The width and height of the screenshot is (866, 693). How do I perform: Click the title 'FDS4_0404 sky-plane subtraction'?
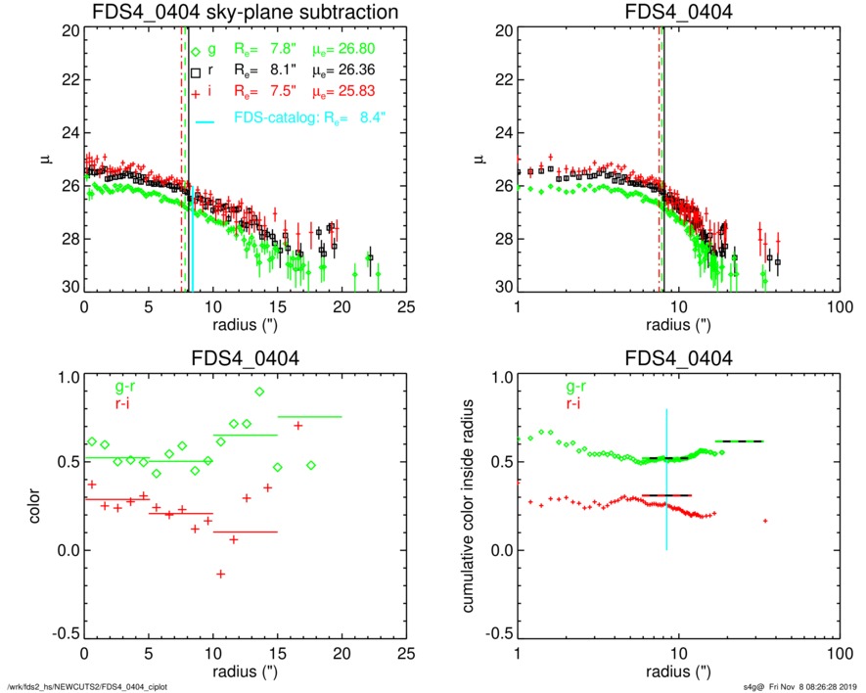point(244,13)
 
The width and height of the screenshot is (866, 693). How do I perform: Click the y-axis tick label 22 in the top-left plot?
point(68,82)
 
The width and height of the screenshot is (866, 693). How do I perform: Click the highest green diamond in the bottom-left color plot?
point(259,392)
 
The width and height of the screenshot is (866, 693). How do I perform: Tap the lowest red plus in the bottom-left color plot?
point(221,574)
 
